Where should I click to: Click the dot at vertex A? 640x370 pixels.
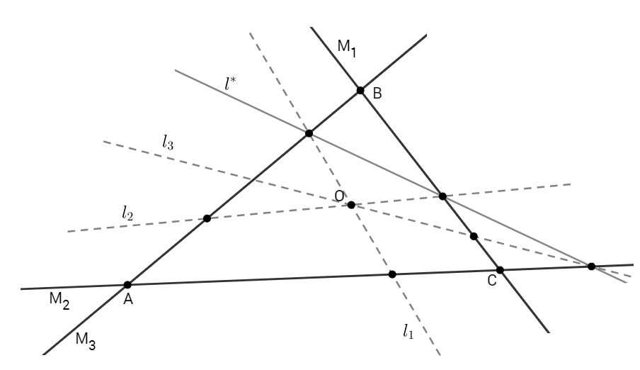(127, 285)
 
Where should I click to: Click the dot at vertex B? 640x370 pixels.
(360, 91)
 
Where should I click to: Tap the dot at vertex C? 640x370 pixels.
(500, 270)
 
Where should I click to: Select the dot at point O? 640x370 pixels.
(351, 205)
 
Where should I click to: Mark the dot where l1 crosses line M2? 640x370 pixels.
(392, 274)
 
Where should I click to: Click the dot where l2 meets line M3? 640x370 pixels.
(207, 218)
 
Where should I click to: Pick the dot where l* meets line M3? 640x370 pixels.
(309, 133)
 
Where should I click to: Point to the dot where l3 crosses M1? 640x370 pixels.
(474, 236)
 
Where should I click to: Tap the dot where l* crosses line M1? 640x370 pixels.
(442, 196)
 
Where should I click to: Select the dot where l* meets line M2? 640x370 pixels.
(591, 267)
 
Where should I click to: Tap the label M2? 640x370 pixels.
(59, 301)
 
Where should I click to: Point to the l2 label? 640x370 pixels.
(127, 211)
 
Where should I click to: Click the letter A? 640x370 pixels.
(129, 301)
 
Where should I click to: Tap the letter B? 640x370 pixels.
(377, 93)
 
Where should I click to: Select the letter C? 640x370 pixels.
(492, 281)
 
